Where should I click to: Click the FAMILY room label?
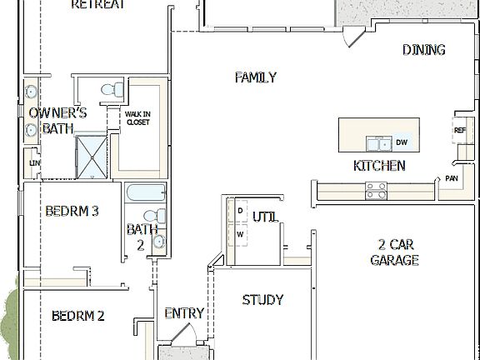pos(255,77)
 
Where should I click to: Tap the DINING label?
pos(423,50)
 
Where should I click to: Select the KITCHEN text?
pos(379,166)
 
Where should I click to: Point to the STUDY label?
pos(262,300)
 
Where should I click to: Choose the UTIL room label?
pos(265,218)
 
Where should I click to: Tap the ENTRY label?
pos(183,313)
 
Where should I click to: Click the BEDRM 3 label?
pos(72,212)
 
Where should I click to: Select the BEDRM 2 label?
pos(77,316)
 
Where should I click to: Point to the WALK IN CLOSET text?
pos(137,117)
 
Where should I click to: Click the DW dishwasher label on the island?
pos(401,142)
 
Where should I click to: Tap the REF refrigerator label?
pos(459,130)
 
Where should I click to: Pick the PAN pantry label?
pos(451,178)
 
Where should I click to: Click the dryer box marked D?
pos(240,212)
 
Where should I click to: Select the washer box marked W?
pos(240,234)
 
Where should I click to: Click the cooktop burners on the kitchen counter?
pos(376,190)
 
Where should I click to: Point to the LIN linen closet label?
pos(33,162)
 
